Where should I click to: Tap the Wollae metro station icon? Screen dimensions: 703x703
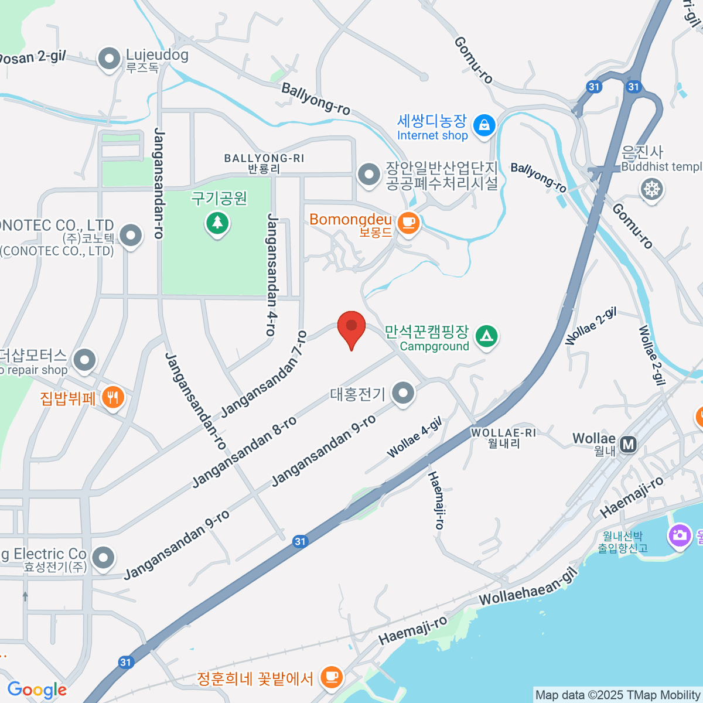click(x=629, y=445)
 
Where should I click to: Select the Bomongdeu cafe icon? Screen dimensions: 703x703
click(x=408, y=223)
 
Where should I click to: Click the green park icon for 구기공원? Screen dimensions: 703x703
click(x=218, y=223)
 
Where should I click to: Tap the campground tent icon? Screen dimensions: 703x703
click(x=486, y=336)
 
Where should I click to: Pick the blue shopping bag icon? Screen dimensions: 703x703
click(x=484, y=125)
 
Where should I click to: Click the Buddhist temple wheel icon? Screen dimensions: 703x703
click(x=651, y=189)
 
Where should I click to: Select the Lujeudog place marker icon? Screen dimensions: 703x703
click(x=110, y=59)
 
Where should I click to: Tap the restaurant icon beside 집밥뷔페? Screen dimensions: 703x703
click(x=112, y=397)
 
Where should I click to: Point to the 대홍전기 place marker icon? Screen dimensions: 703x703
click(x=403, y=393)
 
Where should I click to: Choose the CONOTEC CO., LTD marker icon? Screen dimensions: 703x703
click(x=131, y=237)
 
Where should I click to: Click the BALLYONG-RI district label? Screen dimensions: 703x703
click(x=264, y=159)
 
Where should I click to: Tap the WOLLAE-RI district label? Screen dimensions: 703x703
click(x=503, y=433)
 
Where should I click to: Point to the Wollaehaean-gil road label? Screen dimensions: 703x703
click(x=528, y=588)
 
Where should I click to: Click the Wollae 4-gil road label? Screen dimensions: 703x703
click(x=414, y=438)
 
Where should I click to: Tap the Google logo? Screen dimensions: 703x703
click(x=37, y=690)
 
